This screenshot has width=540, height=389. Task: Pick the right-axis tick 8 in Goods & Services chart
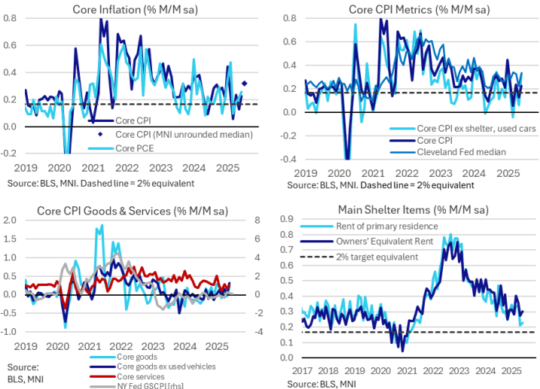pyautogui.click(x=256, y=220)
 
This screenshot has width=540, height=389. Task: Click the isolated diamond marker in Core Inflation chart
pyautogui.click(x=245, y=84)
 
